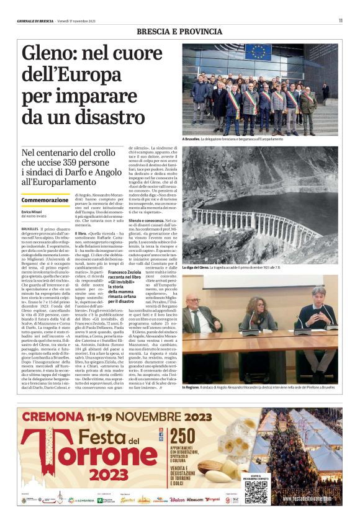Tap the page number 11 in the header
(x=340, y=20)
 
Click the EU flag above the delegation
(x=258, y=52)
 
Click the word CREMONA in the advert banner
(x=48, y=416)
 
